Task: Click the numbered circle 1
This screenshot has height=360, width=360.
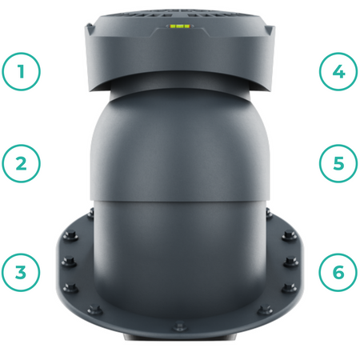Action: pos(21,71)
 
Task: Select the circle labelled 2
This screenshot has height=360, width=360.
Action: pos(21,163)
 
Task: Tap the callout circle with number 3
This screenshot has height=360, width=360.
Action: pos(21,272)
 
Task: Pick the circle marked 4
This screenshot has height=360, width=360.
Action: pos(338,71)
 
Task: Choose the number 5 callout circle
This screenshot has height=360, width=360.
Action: pos(338,163)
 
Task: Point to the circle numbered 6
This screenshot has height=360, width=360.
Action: pos(338,272)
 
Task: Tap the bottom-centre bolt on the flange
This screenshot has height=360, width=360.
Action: pos(180,326)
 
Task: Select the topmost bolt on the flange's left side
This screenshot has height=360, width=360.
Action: pos(90,213)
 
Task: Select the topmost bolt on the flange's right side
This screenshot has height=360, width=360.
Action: pos(269,213)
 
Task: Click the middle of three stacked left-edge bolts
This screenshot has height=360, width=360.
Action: pos(69,262)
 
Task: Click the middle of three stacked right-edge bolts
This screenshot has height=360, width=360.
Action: pos(290,262)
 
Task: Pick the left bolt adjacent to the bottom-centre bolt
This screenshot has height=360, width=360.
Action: pos(95,310)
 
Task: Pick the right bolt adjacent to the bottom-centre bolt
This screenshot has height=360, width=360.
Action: pos(265,310)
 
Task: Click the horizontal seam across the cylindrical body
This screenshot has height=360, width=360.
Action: pos(180,201)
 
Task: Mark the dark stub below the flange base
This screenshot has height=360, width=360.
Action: pos(180,337)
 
